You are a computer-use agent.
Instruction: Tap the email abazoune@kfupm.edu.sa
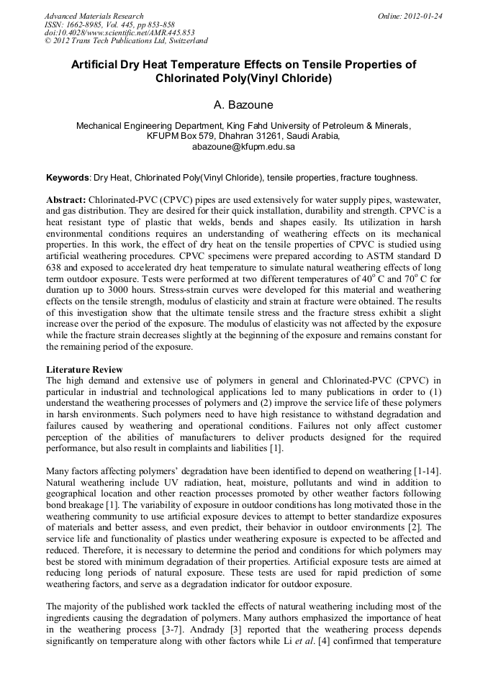(x=243, y=146)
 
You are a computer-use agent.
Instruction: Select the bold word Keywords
(x=68, y=177)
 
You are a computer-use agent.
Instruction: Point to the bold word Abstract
(x=66, y=199)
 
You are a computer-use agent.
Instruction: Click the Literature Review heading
(x=82, y=369)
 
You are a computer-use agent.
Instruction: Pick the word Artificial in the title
(x=96, y=65)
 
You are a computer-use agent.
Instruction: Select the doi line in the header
(x=119, y=33)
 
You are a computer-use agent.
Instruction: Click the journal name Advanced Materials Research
(x=94, y=16)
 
